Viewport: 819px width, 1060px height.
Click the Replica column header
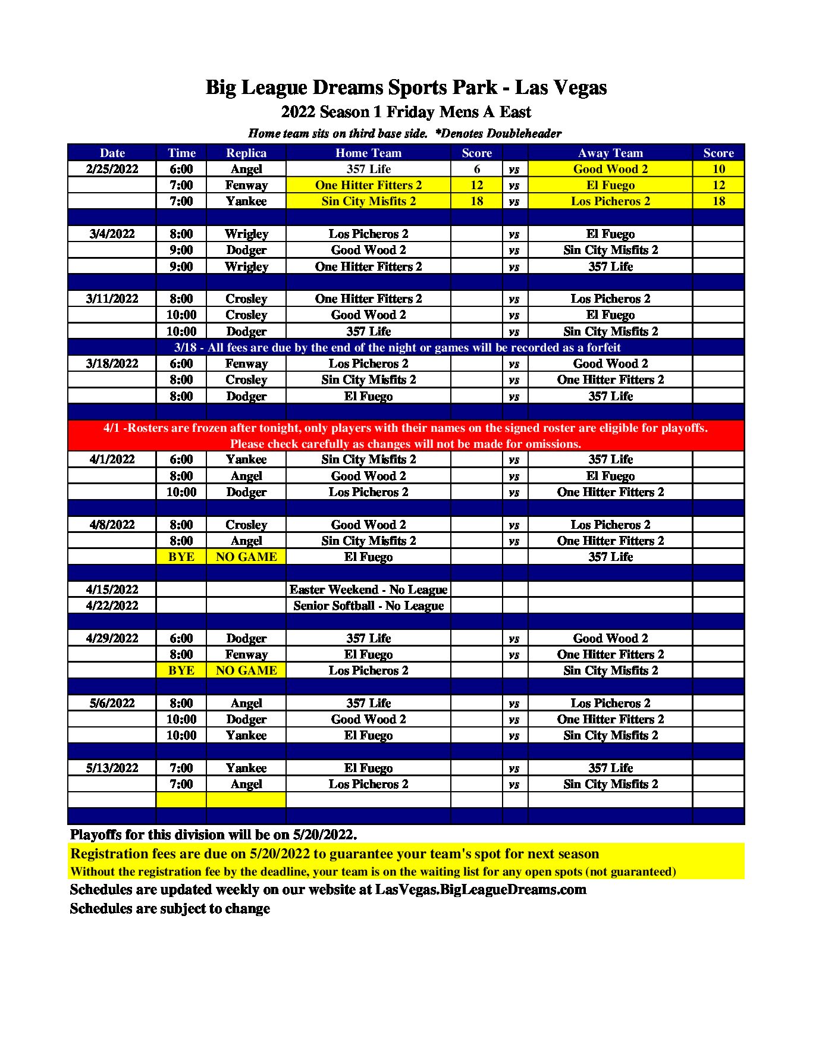click(246, 153)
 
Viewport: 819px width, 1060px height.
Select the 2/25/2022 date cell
click(112, 169)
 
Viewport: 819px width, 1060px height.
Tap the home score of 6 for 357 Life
click(476, 169)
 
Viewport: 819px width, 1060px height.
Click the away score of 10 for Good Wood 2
click(718, 169)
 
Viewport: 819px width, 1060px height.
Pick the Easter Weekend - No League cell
click(368, 589)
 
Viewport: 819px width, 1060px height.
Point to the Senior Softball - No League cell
click(368, 606)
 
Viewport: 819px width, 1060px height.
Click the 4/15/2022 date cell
click(112, 589)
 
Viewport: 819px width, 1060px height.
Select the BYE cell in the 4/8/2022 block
click(181, 557)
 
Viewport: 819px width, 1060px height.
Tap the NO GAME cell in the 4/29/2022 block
click(246, 670)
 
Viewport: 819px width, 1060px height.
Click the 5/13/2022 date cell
click(112, 768)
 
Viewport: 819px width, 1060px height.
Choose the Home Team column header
click(368, 153)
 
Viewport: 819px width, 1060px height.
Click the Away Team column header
click(610, 153)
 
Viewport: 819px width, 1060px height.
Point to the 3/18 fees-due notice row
click(397, 347)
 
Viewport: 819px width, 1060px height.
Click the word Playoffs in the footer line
click(95, 835)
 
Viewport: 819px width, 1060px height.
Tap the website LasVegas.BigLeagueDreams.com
click(481, 889)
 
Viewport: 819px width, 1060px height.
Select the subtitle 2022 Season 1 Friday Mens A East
click(406, 112)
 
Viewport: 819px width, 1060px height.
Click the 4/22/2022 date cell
click(112, 606)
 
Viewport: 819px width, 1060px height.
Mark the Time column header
click(181, 153)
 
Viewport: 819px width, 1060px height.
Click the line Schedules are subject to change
click(170, 908)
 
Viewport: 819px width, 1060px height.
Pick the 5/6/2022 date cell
click(112, 703)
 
